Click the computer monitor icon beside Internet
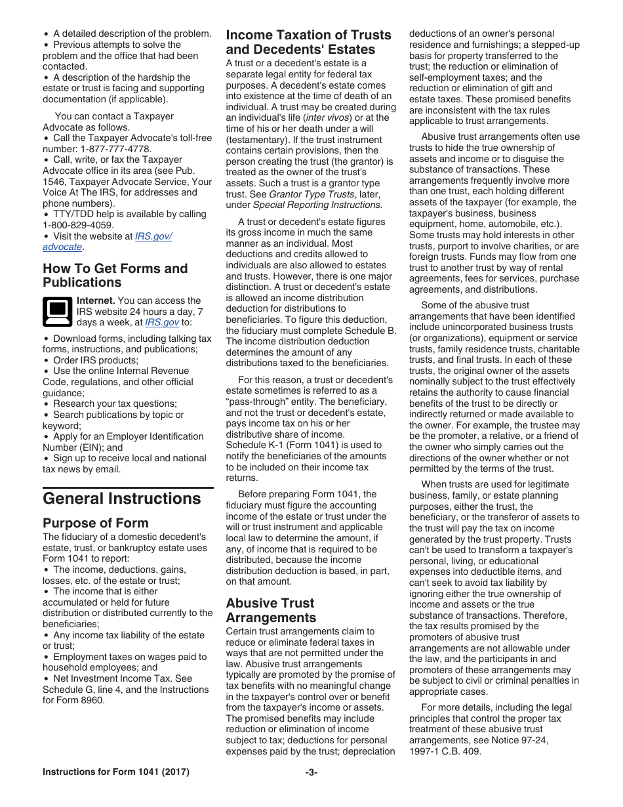[x=57, y=311]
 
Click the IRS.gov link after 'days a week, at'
[x=161, y=323]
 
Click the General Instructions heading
[x=122, y=499]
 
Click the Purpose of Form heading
[x=96, y=523]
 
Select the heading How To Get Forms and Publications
[x=115, y=276]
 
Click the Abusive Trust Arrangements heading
[x=271, y=610]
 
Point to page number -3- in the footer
[x=311, y=772]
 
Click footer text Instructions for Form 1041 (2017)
[x=116, y=772]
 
